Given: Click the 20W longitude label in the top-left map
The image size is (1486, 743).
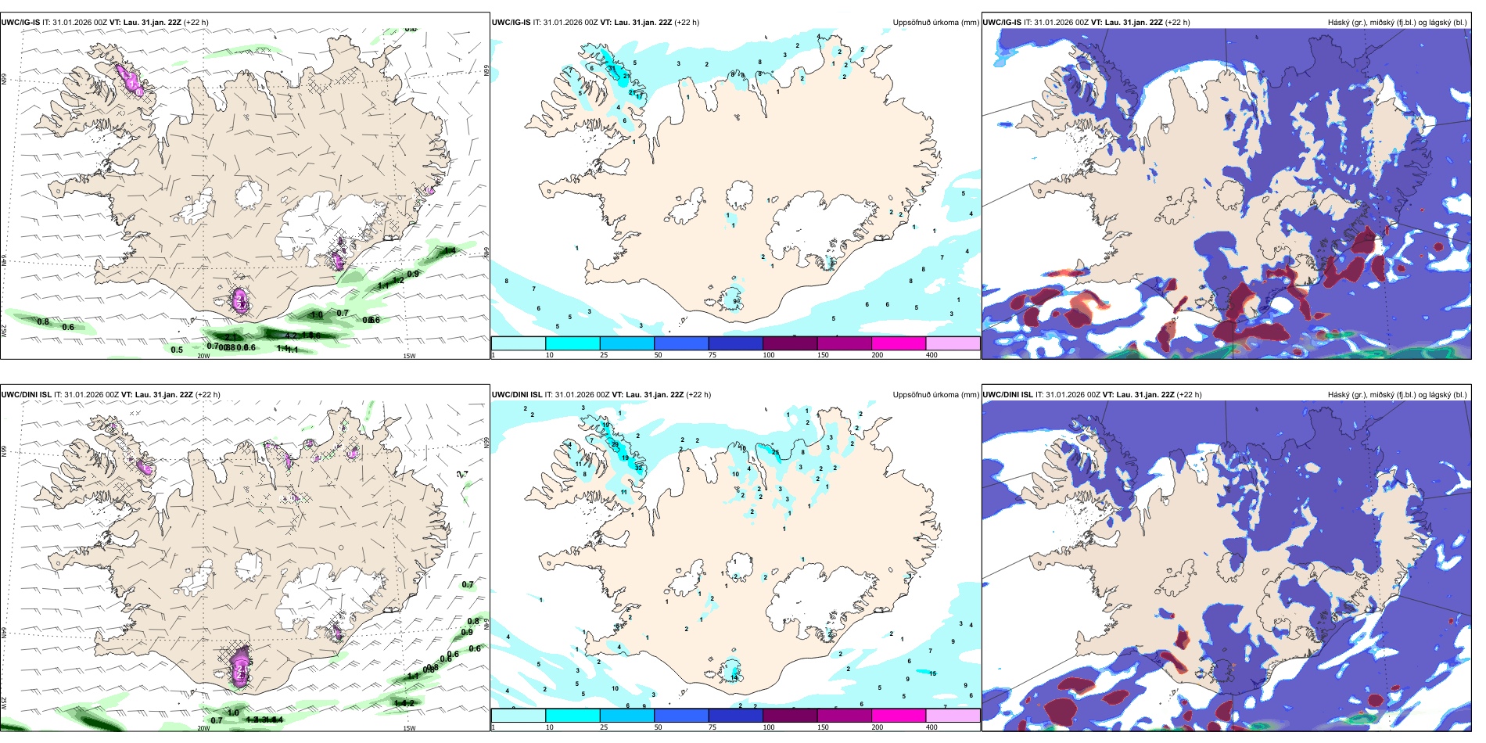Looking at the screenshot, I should tap(203, 356).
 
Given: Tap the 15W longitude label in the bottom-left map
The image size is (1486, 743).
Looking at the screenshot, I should tap(409, 728).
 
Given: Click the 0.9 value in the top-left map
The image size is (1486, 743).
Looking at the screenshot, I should tap(413, 274).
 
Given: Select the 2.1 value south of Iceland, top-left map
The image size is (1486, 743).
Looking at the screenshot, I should tap(231, 337).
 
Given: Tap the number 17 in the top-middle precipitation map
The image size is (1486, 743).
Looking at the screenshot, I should tap(641, 96).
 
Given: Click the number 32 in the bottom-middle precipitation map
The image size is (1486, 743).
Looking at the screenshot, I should tap(639, 467).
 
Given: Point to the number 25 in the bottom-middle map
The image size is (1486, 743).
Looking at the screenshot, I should tap(776, 452).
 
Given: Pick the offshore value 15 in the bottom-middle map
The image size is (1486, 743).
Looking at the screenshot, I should tap(932, 673).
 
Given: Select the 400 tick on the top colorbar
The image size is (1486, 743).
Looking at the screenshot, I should tap(931, 355).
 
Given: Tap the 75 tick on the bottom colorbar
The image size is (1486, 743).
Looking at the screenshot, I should tap(712, 727).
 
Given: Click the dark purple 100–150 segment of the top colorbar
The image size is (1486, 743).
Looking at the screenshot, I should tap(790, 343).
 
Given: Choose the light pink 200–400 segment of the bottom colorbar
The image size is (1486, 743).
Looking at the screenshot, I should tap(953, 716).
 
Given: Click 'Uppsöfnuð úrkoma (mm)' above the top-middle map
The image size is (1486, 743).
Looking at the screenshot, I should tap(935, 23).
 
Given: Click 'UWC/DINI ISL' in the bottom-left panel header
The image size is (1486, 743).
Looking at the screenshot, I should tap(27, 395).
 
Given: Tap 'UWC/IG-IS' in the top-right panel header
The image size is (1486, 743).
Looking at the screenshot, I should tap(1002, 23).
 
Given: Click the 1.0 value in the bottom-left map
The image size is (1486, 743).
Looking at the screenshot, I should tap(233, 712).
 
